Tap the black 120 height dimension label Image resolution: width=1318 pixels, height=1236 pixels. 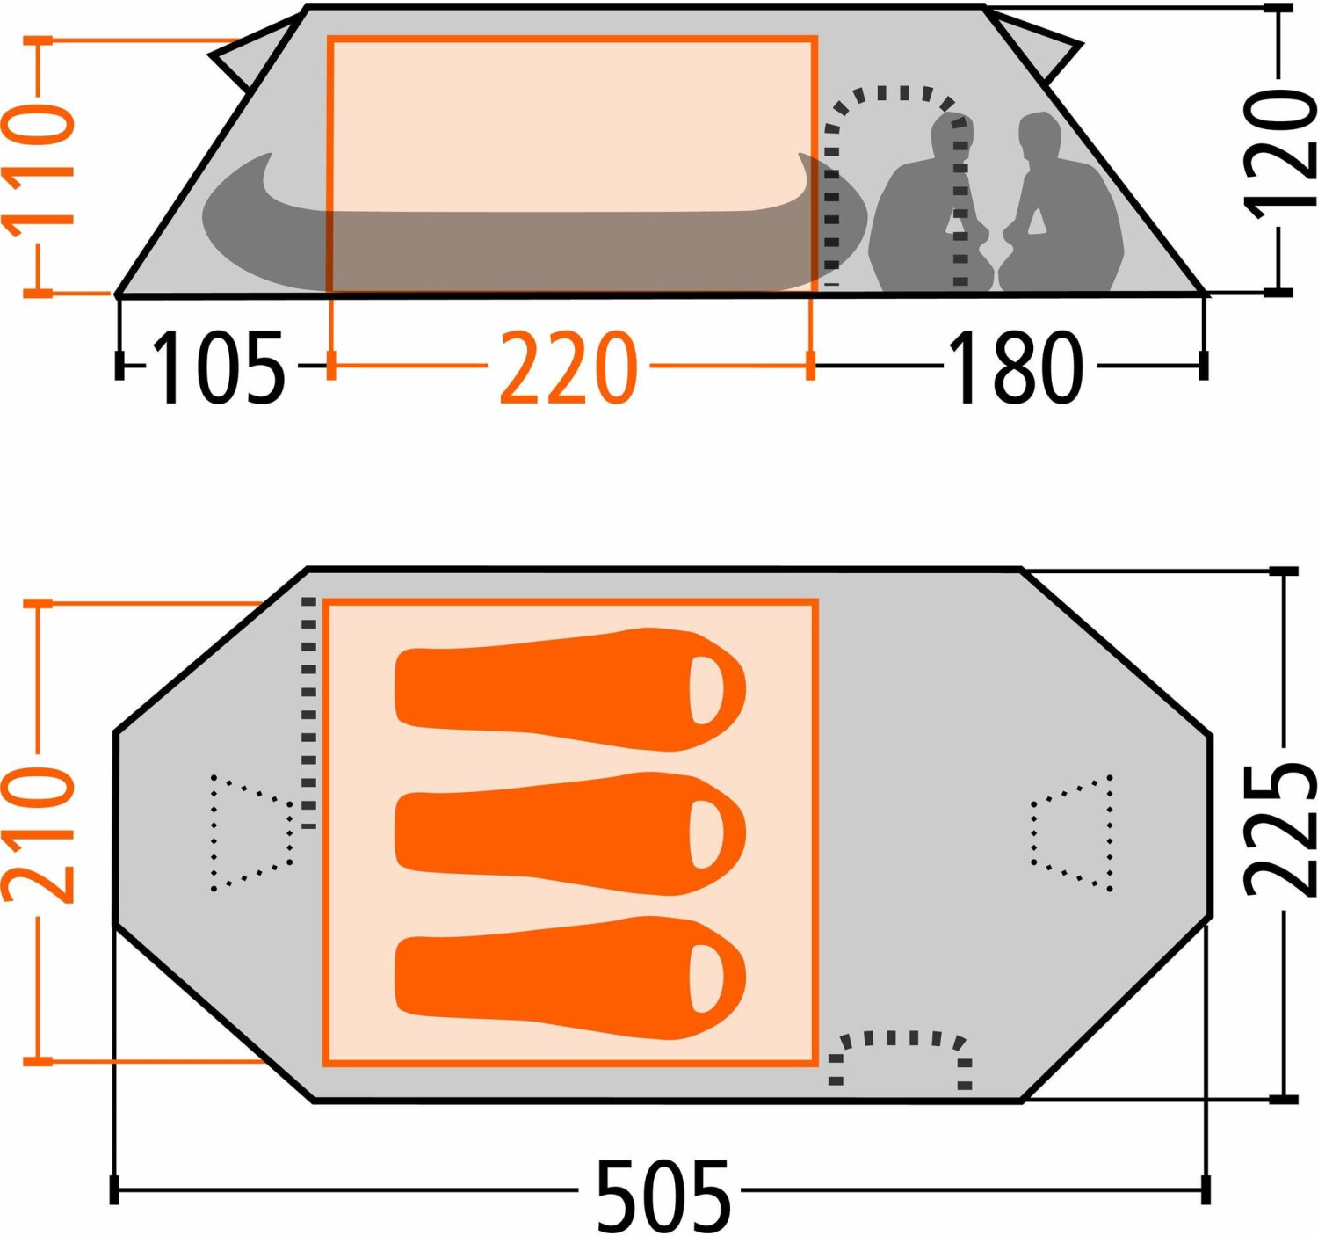[1279, 151]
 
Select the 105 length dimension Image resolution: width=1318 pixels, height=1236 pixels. [219, 367]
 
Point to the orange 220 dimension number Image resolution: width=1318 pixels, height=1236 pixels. [568, 367]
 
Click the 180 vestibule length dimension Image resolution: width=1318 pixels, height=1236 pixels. [1015, 367]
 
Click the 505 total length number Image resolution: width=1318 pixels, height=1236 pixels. [663, 1196]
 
